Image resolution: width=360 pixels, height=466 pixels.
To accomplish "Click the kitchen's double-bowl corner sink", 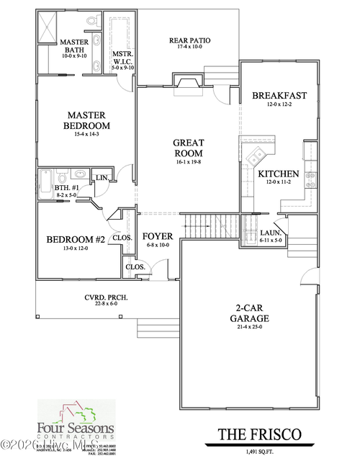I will pyautogui.click(x=256, y=154).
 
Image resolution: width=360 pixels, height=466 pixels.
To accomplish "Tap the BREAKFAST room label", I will pyautogui.click(x=279, y=96).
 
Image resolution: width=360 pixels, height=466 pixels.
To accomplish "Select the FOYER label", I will pyautogui.click(x=156, y=236).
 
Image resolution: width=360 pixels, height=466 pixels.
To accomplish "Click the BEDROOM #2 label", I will pyautogui.click(x=76, y=240).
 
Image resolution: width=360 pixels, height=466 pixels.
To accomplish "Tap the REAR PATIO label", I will pyautogui.click(x=189, y=40).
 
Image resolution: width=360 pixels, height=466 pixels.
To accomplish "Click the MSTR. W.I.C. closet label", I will pyautogui.click(x=120, y=58).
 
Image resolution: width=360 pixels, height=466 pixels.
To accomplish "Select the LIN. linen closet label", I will pyautogui.click(x=101, y=177).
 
